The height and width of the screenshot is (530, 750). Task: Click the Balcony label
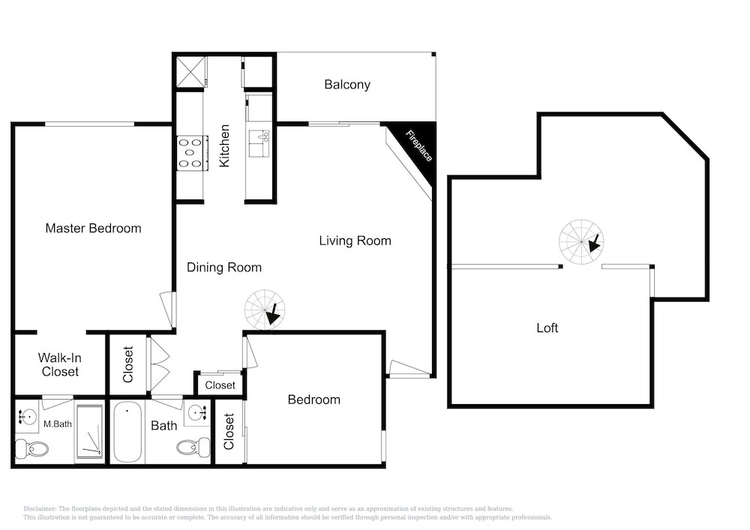point(347,85)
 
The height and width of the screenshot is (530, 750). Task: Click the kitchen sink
point(259,143)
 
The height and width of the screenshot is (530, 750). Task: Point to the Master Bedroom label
point(93,228)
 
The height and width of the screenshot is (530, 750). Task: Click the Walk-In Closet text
point(60,364)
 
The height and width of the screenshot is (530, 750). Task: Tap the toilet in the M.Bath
point(31,449)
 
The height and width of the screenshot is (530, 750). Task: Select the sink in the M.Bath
point(28,416)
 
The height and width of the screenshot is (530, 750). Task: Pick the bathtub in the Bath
point(127,432)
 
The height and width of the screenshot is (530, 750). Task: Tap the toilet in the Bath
point(193,448)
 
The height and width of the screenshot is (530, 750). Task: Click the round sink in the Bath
point(197,412)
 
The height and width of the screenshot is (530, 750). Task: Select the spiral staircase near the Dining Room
point(265,309)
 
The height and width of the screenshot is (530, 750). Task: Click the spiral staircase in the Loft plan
point(581,242)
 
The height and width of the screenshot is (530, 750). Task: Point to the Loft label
point(547,328)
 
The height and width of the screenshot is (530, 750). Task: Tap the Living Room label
point(355,241)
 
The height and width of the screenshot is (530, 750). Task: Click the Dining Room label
point(223,267)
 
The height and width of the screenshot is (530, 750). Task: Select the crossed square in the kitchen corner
point(190,72)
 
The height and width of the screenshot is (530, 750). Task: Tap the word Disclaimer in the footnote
point(40,509)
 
